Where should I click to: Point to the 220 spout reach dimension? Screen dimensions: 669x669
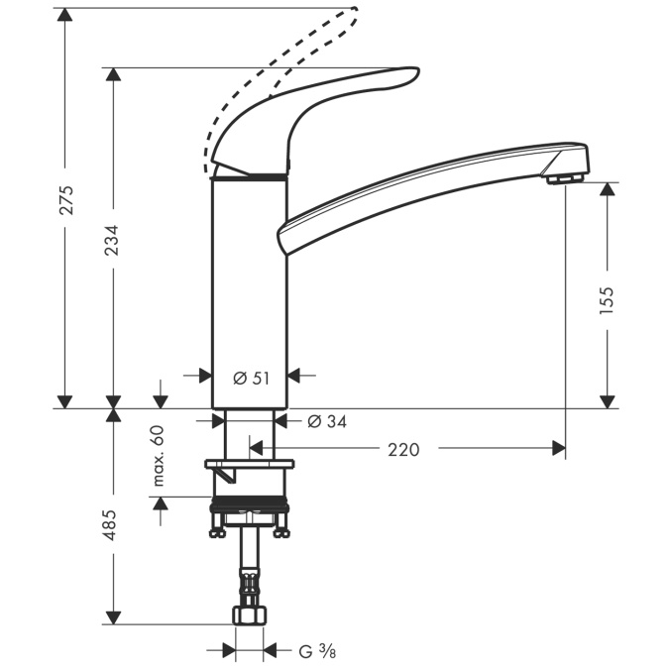pyautogui.click(x=403, y=450)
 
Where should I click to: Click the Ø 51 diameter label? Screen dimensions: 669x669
pyautogui.click(x=250, y=377)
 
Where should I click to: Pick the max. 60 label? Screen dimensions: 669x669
pyautogui.click(x=158, y=456)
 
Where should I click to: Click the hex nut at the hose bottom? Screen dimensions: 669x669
pyautogui.click(x=249, y=615)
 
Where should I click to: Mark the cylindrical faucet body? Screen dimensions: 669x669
pyautogui.click(x=250, y=287)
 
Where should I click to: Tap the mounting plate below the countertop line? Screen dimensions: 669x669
pyautogui.click(x=250, y=464)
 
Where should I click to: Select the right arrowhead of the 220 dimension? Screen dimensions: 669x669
pyautogui.click(x=559, y=449)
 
